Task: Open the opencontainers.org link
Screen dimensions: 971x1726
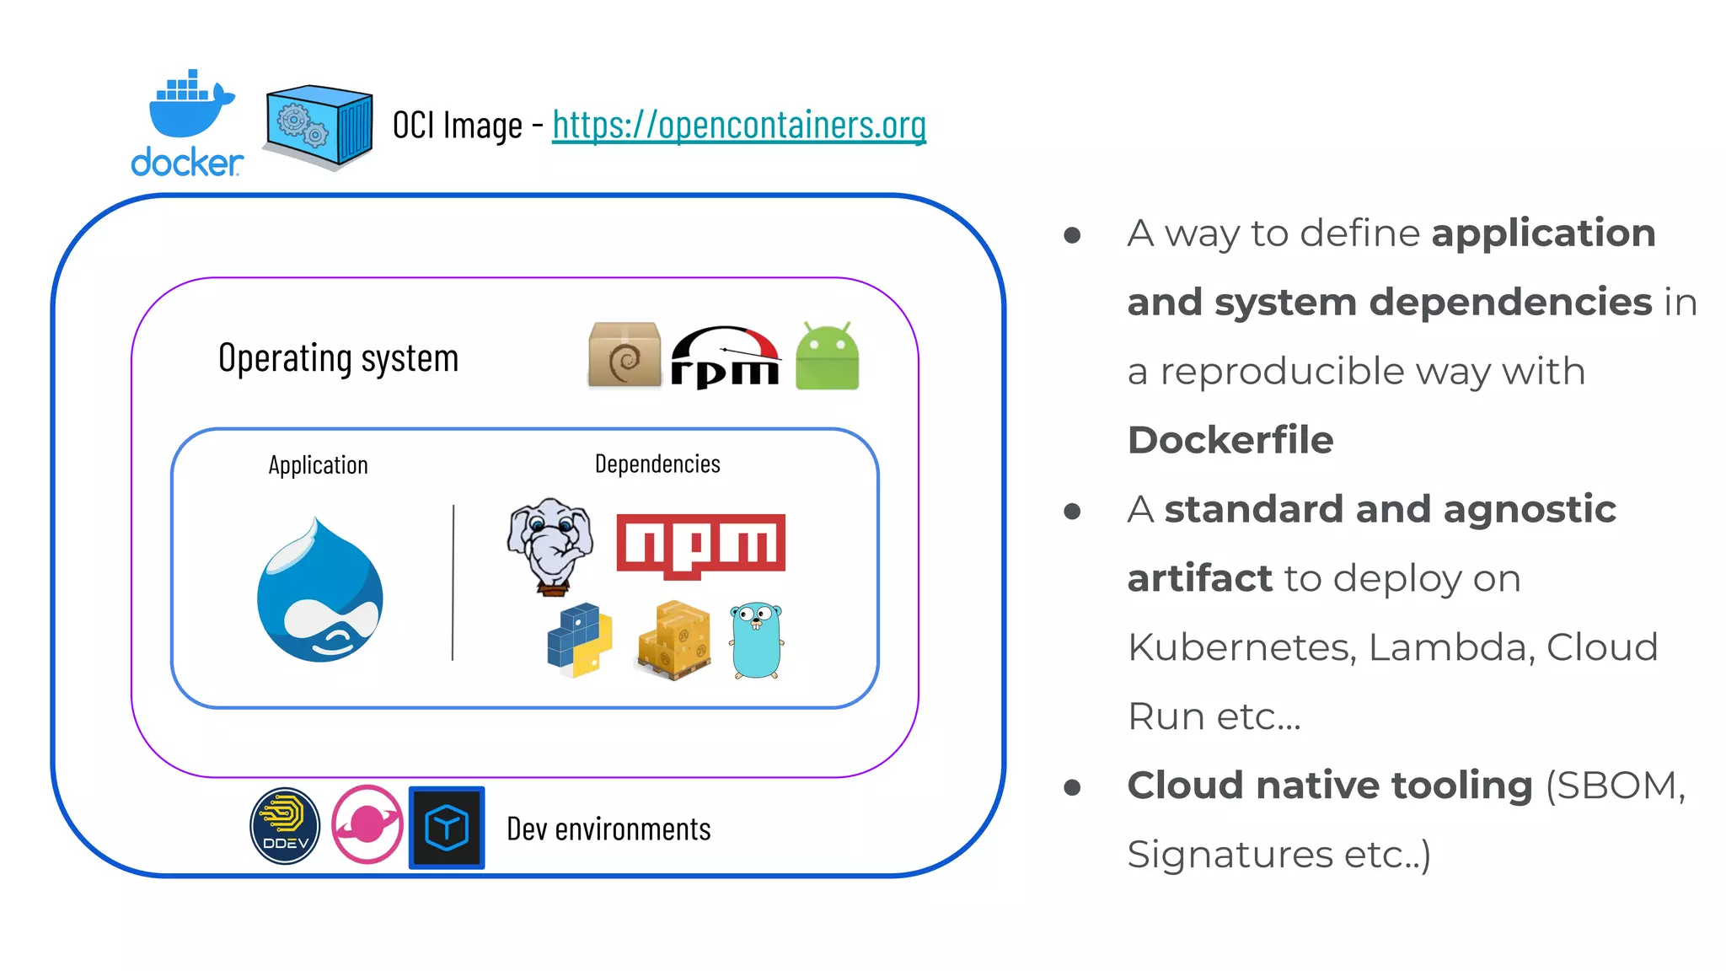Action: [739, 125]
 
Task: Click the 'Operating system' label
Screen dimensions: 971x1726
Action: [338, 358]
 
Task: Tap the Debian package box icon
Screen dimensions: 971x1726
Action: [624, 355]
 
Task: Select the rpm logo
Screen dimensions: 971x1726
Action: [725, 357]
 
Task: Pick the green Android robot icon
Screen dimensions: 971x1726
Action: [827, 357]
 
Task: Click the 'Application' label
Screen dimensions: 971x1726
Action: [318, 465]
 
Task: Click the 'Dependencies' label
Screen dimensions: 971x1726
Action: [657, 464]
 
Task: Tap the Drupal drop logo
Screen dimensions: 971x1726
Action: [320, 592]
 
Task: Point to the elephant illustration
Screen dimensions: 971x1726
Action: [550, 544]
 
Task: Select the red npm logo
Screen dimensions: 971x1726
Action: [700, 545]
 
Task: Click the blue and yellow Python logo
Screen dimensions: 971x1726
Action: [579, 640]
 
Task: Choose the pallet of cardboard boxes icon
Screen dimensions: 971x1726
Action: [674, 640]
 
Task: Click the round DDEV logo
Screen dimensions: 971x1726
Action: [285, 826]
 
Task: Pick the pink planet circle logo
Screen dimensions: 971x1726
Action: [367, 824]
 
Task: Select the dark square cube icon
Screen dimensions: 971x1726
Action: [447, 827]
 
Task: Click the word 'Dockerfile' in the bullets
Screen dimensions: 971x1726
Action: [1230, 440]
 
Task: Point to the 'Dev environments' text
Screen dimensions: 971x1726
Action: [608, 829]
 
